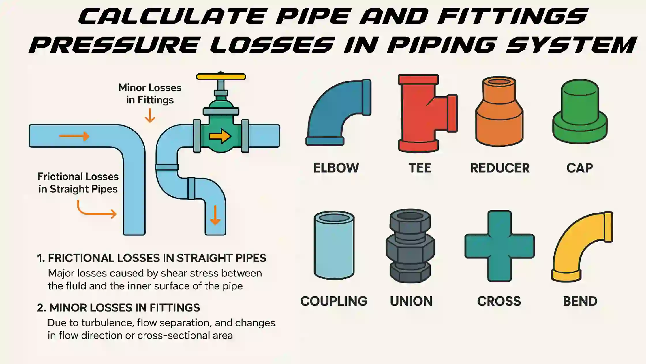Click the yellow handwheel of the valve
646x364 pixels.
(221, 77)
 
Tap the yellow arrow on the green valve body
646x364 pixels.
(220, 136)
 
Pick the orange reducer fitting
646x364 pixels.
(499, 112)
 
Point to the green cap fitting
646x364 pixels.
(580, 112)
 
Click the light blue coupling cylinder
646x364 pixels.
(334, 245)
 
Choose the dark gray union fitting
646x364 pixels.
(410, 246)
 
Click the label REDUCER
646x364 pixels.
(500, 168)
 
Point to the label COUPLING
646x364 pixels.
(334, 301)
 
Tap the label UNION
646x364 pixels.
(411, 301)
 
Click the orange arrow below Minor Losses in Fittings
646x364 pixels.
(150, 116)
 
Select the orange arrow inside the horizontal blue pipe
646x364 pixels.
(74, 136)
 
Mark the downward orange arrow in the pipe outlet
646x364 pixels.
(215, 215)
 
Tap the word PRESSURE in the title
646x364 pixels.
(114, 45)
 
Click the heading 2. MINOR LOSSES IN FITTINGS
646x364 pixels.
(119, 308)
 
